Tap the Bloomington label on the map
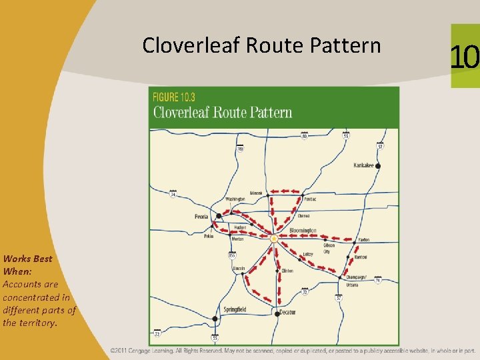[303, 231]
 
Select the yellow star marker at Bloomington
[273, 238]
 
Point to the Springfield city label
[235, 309]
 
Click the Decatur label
[287, 312]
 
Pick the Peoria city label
[201, 217]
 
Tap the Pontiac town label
[309, 199]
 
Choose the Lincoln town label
[239, 269]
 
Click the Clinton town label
[287, 271]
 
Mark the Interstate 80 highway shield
[305, 137]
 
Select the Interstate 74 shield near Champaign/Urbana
[377, 281]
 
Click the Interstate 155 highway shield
[232, 255]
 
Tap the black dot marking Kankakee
[378, 165]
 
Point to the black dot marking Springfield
[215, 319]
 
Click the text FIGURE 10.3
[175, 96]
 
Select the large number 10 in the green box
[464, 57]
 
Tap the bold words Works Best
[27, 258]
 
